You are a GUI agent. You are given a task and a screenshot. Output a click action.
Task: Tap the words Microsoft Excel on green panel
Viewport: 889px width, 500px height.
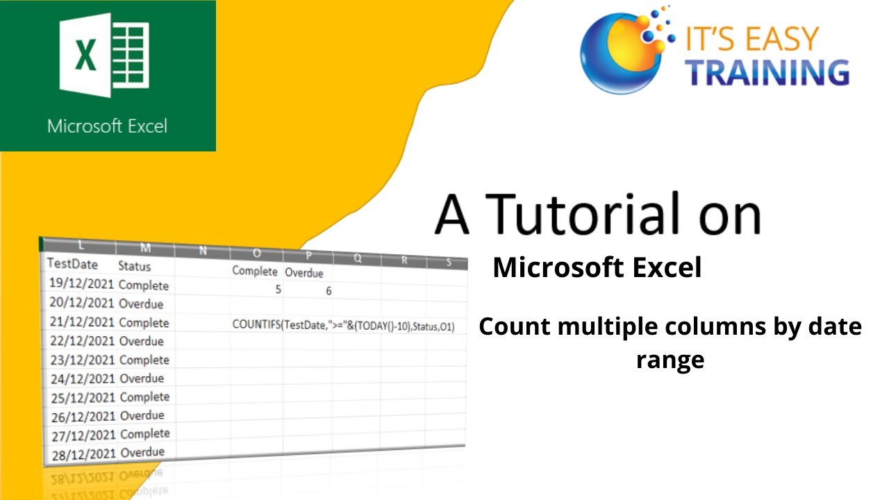point(108,126)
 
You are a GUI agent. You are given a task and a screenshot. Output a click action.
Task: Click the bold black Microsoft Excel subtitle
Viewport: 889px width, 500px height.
point(597,268)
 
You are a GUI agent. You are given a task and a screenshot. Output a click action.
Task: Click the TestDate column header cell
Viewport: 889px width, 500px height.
point(72,264)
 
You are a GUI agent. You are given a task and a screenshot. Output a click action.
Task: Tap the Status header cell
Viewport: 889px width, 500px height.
point(135,266)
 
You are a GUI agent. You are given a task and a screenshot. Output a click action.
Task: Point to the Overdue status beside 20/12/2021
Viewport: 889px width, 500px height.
point(142,304)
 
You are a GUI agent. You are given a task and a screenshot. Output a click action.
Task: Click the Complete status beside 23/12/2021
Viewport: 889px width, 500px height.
point(144,360)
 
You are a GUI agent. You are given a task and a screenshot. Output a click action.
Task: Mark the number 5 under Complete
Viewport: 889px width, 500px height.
point(279,290)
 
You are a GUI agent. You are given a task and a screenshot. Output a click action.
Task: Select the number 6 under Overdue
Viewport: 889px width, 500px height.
point(329,291)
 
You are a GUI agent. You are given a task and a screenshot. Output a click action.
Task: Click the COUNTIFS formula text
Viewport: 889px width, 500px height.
point(344,325)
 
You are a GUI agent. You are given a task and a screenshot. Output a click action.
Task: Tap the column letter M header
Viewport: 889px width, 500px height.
point(145,249)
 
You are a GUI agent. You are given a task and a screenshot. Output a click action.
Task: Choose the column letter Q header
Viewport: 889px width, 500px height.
point(358,258)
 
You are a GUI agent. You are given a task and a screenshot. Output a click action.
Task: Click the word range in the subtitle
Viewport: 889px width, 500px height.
point(670,360)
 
